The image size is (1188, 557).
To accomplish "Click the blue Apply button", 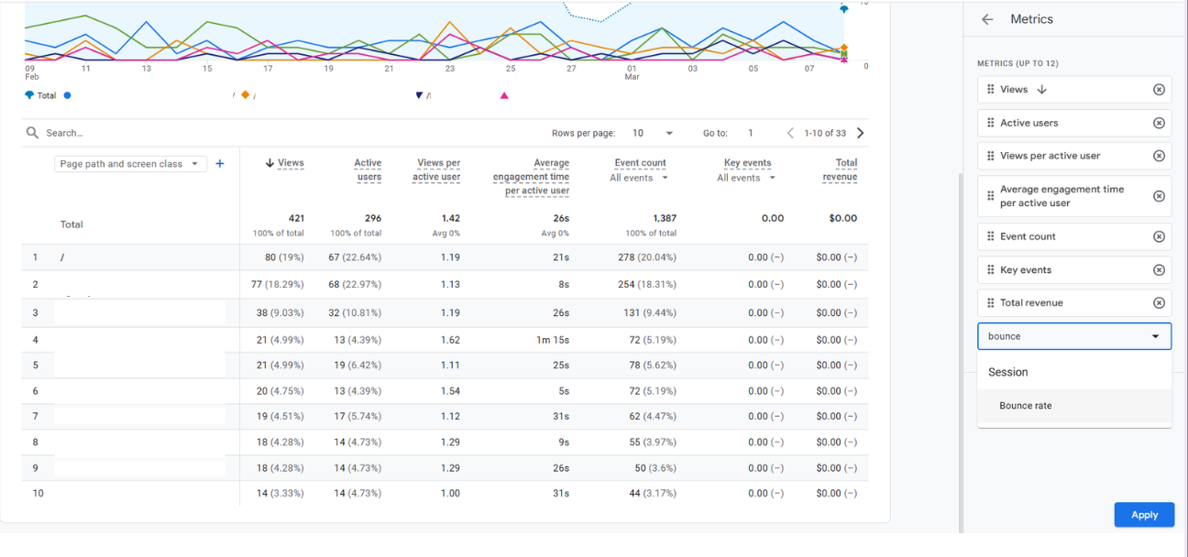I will click(x=1144, y=515).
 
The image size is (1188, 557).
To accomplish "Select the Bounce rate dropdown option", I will click(x=1026, y=406).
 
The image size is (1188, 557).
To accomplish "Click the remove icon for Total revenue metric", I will click(x=1159, y=303).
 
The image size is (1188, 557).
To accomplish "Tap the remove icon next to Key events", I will click(x=1159, y=270).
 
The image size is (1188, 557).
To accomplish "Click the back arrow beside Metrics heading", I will click(x=987, y=19).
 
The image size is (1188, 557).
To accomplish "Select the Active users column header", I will click(x=368, y=169).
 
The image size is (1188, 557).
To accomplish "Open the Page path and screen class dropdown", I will click(x=129, y=164).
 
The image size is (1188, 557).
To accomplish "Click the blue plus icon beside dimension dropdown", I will click(x=220, y=164).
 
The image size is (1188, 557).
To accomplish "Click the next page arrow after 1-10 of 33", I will click(x=860, y=133).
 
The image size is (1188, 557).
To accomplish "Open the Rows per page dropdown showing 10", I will click(x=653, y=133).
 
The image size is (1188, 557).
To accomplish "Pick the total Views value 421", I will click(x=295, y=218).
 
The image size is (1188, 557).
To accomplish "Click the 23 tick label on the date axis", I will click(x=450, y=69).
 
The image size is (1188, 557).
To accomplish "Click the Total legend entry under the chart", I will click(x=46, y=95).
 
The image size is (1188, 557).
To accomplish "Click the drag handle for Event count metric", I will click(x=990, y=236).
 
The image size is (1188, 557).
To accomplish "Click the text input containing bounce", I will click(x=1063, y=336).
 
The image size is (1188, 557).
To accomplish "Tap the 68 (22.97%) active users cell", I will click(x=355, y=285).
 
